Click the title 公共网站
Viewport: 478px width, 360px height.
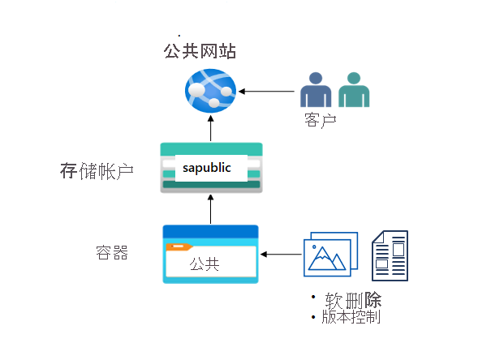pos(200,52)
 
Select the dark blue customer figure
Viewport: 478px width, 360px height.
pos(314,90)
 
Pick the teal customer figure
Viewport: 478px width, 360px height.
pos(353,90)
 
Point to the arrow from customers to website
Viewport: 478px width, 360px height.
pos(268,90)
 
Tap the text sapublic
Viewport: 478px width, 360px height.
pos(207,168)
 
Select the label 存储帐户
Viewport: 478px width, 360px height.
pos(97,171)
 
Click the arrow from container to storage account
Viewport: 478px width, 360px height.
pos(210,208)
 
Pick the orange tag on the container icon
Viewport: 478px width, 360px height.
pos(179,246)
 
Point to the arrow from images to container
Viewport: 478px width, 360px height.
pos(280,255)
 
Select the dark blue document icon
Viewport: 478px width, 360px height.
pos(390,255)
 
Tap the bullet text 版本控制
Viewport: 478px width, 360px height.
pos(351,316)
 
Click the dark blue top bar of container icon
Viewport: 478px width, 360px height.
pos(210,231)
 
